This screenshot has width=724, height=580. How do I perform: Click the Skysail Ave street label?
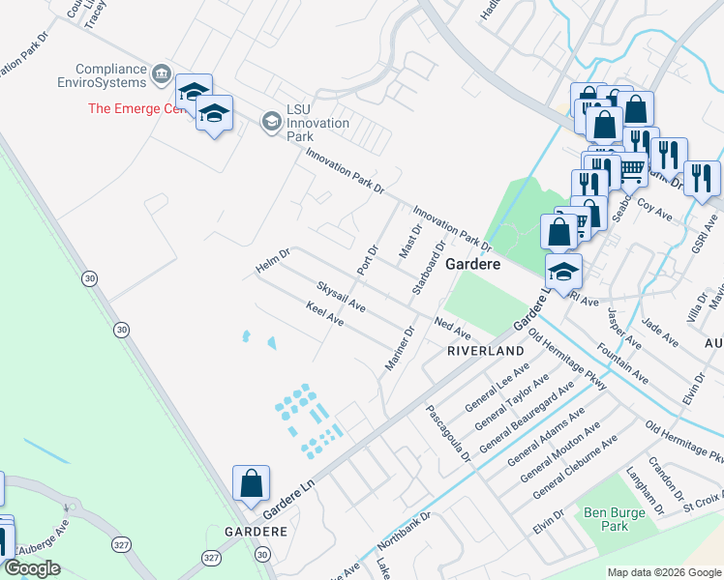[341, 297]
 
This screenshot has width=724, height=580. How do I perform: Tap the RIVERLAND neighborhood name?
[485, 352]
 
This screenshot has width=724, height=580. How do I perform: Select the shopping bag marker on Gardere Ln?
[251, 482]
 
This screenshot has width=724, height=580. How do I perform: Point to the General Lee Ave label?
[498, 388]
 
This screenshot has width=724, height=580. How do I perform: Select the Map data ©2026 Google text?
[664, 572]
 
